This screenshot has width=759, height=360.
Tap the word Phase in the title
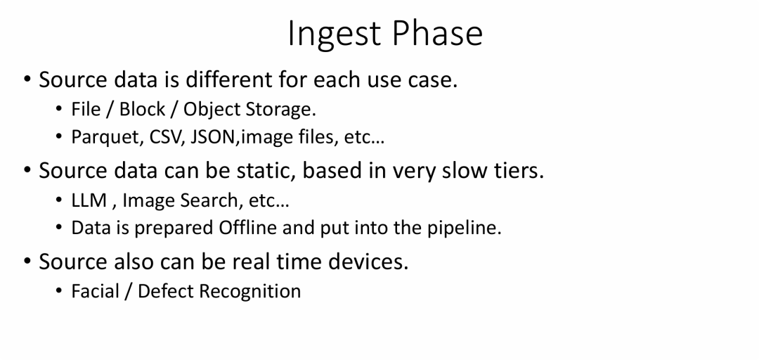tap(437, 33)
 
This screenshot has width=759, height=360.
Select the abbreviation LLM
tap(89, 200)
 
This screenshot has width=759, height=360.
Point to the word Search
tap(212, 200)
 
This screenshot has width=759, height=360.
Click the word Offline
tap(248, 227)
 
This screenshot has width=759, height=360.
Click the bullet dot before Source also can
tap(27, 261)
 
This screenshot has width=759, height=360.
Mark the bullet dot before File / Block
tap(59, 109)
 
